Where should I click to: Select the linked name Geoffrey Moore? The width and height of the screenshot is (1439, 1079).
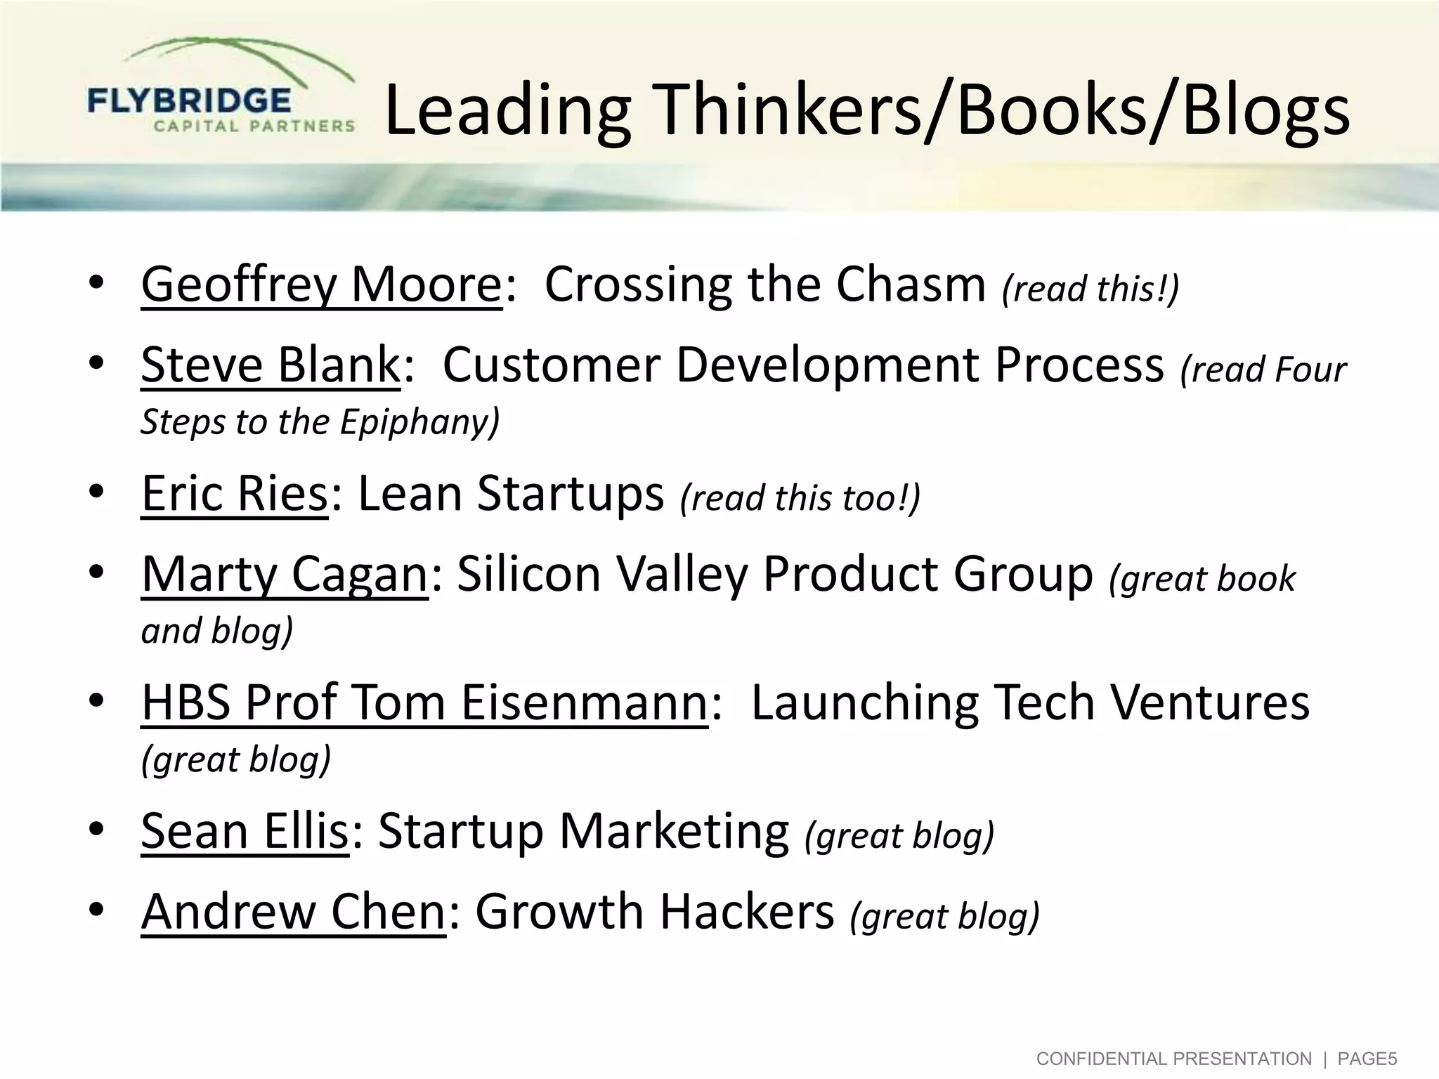point(321,285)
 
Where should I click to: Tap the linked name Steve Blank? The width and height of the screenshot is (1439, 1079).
point(270,365)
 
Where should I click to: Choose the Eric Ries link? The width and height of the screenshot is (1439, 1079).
point(234,493)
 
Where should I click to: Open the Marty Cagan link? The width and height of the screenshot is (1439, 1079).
point(285,574)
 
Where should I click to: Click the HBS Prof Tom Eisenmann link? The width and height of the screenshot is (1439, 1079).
point(424,702)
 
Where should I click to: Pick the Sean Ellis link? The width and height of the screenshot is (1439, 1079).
point(245,831)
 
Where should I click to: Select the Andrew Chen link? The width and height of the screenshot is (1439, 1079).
point(293,911)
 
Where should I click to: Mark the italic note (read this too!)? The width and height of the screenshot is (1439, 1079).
point(800,498)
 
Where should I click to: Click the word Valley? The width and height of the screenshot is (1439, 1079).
point(681,575)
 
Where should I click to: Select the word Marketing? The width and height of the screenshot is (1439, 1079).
point(674,832)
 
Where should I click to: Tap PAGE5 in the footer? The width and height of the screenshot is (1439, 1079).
point(1367,1059)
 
